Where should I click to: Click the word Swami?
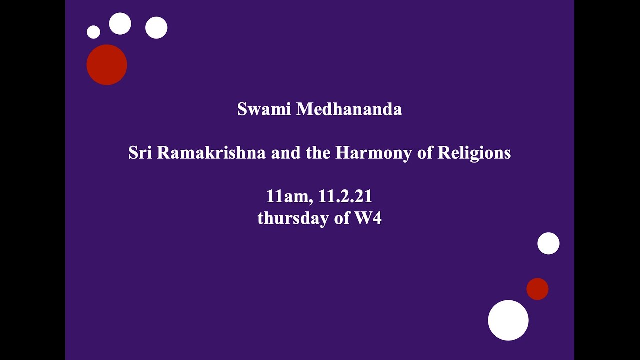[x=264, y=109]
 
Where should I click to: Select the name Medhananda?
[x=349, y=109]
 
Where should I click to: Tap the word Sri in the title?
[x=140, y=153]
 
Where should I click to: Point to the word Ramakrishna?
[x=211, y=153]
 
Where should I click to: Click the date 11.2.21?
[x=345, y=196]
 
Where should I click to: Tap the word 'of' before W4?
[x=342, y=218]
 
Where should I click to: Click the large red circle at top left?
[x=107, y=65]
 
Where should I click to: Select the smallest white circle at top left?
[x=93, y=32]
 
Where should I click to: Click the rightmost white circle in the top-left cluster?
[x=156, y=28]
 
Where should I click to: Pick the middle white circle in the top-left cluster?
[x=120, y=24]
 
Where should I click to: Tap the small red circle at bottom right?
[x=537, y=289]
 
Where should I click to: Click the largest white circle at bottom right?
[x=508, y=320]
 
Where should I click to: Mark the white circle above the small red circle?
[x=548, y=243]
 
